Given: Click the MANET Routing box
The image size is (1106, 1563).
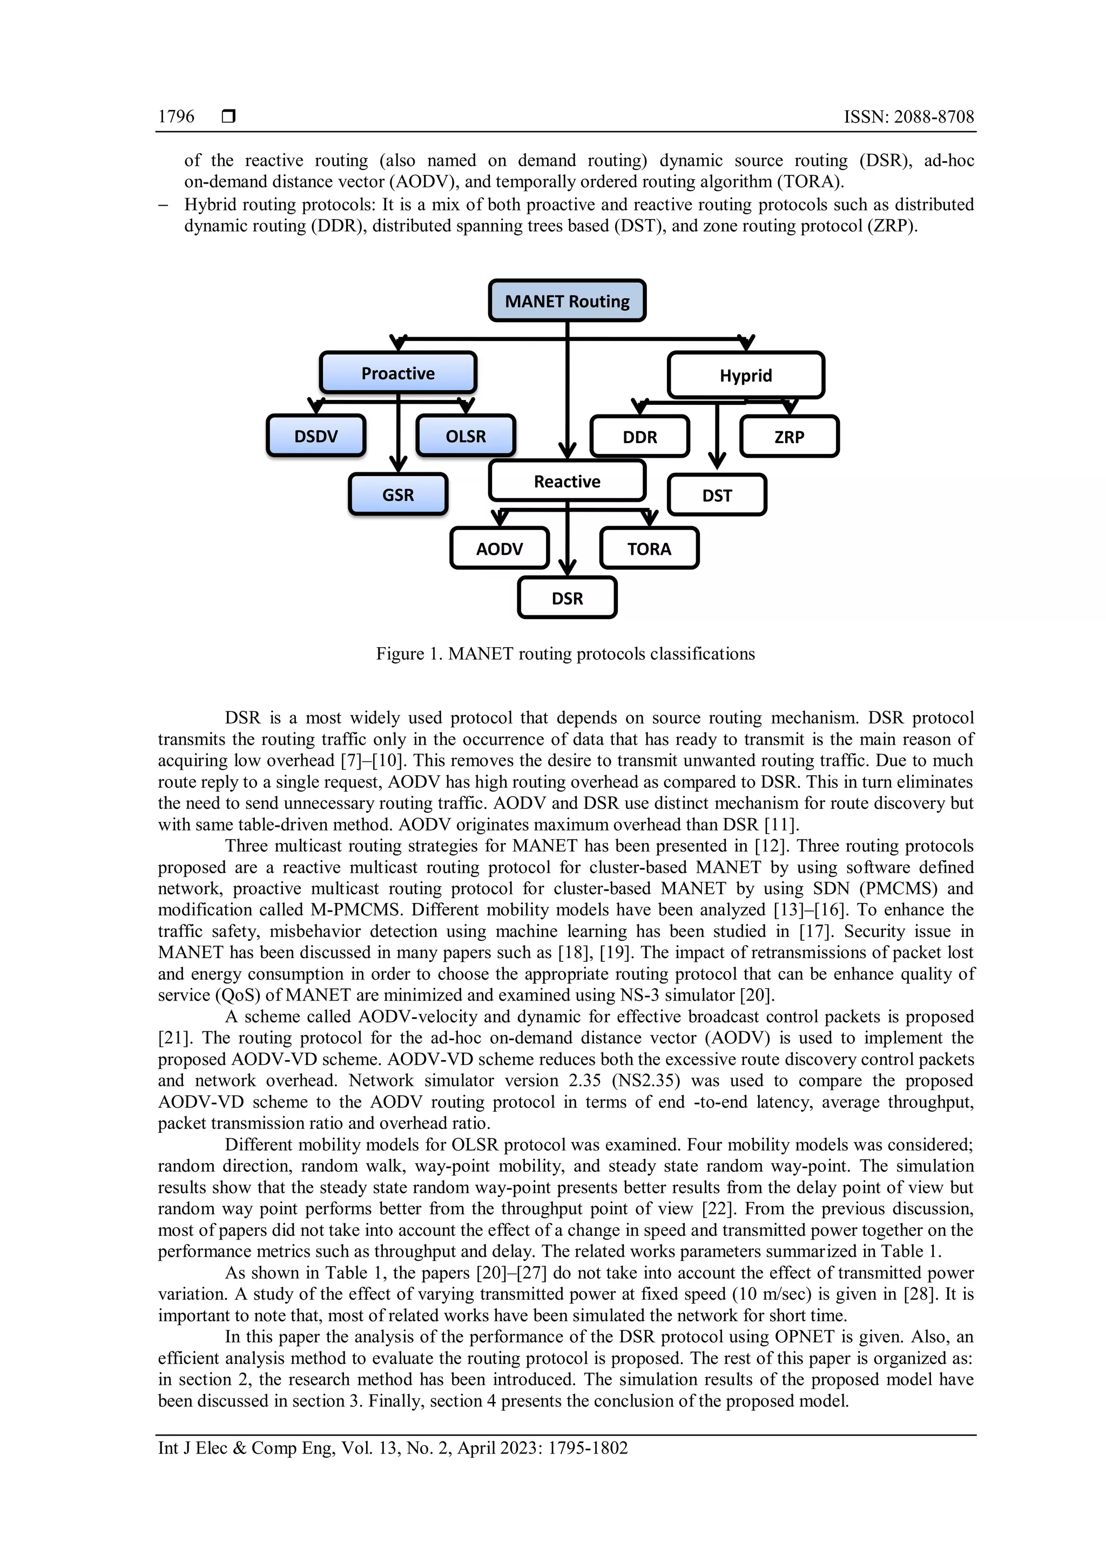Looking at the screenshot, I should [x=567, y=301].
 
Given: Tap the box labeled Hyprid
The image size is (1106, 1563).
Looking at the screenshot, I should [x=746, y=375].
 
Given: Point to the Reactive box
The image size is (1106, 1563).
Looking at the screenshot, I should [x=567, y=481].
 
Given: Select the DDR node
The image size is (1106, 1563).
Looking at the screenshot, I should [x=639, y=437].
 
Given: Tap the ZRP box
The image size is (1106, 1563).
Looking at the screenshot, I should [x=790, y=437].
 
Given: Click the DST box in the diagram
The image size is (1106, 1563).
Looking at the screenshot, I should [x=717, y=495].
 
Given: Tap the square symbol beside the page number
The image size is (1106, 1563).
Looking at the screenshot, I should [x=229, y=117].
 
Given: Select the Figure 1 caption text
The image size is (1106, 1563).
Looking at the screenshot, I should [x=565, y=654].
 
